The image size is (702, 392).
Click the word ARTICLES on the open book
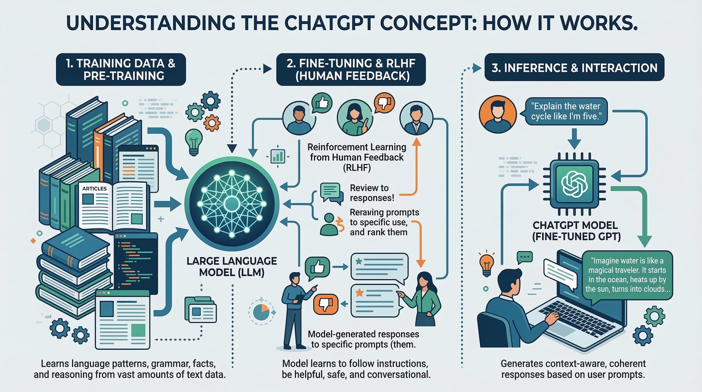pyautogui.click(x=94, y=189)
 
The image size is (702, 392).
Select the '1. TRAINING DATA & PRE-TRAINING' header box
pyautogui.click(x=121, y=70)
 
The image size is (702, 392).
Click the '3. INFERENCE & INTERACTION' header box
pyautogui.click(x=574, y=67)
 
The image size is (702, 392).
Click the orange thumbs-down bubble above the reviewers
pyautogui.click(x=384, y=103)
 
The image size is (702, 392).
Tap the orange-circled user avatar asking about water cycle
pyautogui.click(x=498, y=115)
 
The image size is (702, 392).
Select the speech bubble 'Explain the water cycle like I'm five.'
pyautogui.click(x=566, y=111)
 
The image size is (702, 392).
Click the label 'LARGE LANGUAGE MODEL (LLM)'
pyautogui.click(x=232, y=266)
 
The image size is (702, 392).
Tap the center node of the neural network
pyautogui.click(x=232, y=203)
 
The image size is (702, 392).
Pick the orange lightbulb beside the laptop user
pyautogui.click(x=486, y=264)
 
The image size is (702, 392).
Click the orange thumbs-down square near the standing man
pyautogui.click(x=325, y=304)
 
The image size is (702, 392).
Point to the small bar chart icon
pyautogui.click(x=278, y=156)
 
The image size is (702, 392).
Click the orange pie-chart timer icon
pyautogui.click(x=261, y=312)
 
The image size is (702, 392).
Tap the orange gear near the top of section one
pyautogui.click(x=212, y=123)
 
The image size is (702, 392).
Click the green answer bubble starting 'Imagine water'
pyautogui.click(x=627, y=275)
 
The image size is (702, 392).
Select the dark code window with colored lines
pyautogui.click(x=135, y=260)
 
